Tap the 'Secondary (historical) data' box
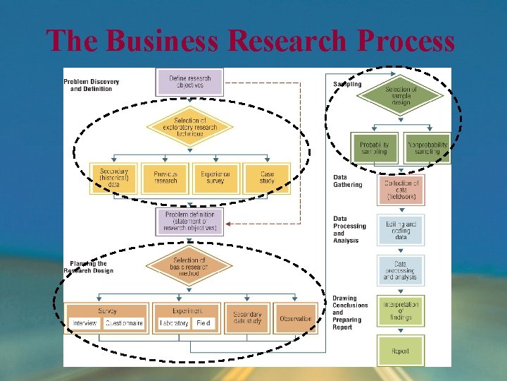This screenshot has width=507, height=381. click(113, 178)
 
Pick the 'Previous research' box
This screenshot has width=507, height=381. click(165, 178)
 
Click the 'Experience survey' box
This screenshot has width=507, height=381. click(215, 178)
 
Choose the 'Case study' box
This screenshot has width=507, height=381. click(267, 178)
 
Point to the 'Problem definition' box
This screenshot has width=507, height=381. click(189, 221)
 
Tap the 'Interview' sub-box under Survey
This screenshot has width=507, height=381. click(85, 323)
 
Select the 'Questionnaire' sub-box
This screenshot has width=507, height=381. click(124, 323)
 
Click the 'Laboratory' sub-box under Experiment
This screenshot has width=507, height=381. click(174, 323)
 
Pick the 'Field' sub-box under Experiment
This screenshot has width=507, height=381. click(204, 323)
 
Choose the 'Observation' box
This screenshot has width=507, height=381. click(296, 318)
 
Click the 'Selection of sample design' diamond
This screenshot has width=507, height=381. click(401, 96)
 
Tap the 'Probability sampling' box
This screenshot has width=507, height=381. click(375, 148)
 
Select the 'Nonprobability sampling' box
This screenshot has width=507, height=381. click(427, 148)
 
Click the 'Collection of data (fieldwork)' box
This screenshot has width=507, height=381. click(401, 189)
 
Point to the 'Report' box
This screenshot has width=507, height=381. click(401, 351)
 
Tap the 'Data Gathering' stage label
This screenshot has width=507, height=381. click(348, 181)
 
